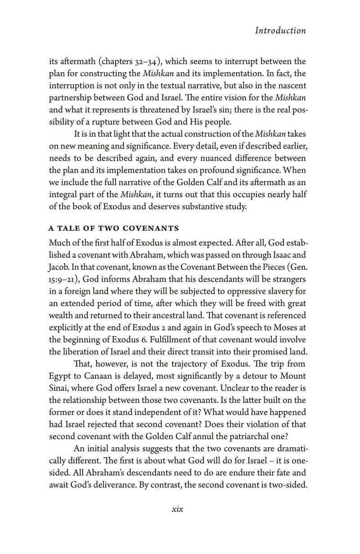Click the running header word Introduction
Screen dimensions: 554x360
pos(280,31)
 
